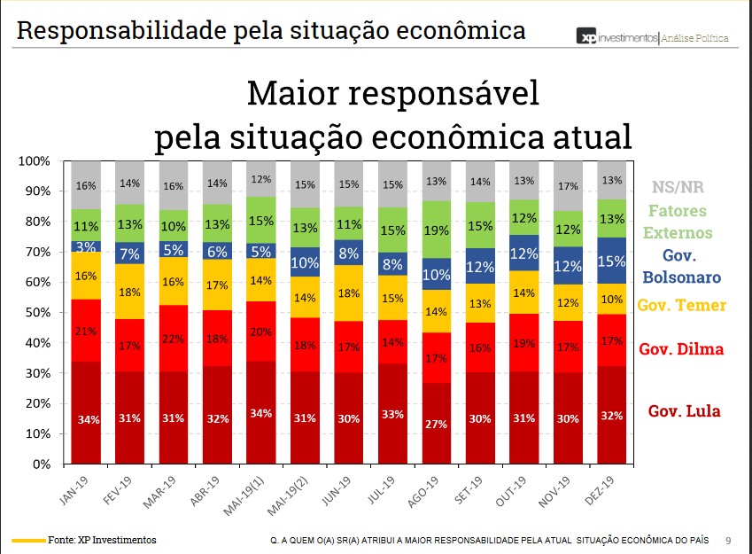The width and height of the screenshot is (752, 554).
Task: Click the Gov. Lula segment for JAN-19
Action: [87, 412]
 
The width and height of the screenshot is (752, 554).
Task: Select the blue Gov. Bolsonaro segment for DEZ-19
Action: [611, 261]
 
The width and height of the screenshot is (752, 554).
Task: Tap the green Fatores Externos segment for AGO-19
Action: [436, 230]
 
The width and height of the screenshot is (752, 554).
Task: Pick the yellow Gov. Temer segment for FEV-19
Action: [130, 292]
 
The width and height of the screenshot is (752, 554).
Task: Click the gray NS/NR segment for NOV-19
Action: [567, 186]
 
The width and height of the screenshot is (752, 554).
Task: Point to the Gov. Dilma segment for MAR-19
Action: [174, 339]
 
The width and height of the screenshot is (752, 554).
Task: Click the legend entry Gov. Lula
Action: [684, 410]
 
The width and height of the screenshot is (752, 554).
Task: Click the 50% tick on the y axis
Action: [37, 312]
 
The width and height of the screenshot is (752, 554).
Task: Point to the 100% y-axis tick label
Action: [35, 160]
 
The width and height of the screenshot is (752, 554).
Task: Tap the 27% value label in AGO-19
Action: [436, 425]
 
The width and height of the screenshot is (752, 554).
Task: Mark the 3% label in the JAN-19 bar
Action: [85, 246]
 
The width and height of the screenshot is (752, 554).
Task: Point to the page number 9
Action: [728, 540]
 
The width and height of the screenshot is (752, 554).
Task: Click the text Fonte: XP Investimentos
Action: [102, 540]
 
